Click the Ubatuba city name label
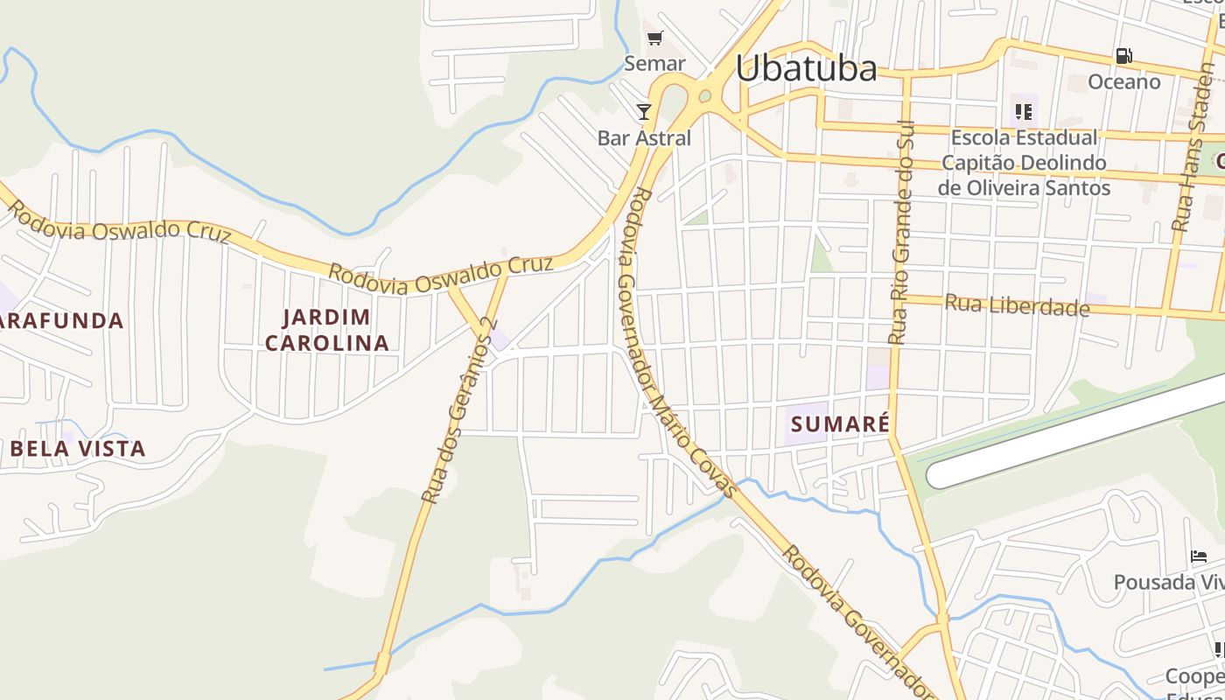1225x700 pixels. [806, 68]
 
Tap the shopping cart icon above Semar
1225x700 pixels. [654, 38]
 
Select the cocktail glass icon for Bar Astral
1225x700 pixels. [644, 111]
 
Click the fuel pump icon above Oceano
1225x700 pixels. [1123, 56]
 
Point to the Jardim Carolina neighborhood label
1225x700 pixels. [327, 330]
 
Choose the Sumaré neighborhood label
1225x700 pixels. [840, 425]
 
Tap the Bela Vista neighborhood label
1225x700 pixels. [78, 449]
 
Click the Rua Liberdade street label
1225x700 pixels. [1017, 305]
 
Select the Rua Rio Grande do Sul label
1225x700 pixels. [899, 232]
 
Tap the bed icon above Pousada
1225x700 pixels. [1199, 556]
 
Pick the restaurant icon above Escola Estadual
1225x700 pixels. [1023, 111]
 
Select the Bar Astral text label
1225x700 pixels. [644, 138]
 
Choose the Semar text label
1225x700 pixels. [654, 64]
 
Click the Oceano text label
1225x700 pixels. [1123, 82]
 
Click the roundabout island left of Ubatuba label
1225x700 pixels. [704, 95]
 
